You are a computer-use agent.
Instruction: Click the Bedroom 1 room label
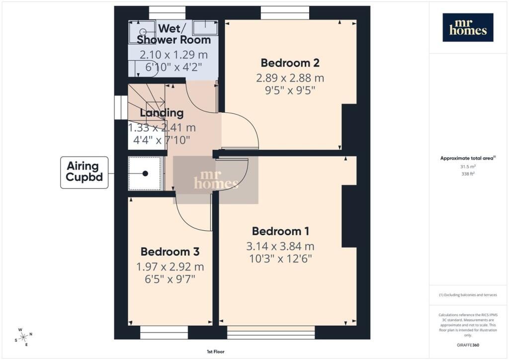pyautogui.click(x=280, y=231)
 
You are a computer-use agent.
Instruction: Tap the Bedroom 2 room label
pyautogui.click(x=290, y=63)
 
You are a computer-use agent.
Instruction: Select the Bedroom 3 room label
pyautogui.click(x=170, y=252)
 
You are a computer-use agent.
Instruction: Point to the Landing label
pyautogui.click(x=162, y=113)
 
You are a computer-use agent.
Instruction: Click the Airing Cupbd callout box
pyautogui.click(x=85, y=173)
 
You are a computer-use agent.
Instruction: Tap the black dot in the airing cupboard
pyautogui.click(x=145, y=174)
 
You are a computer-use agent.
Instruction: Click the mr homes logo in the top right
pyautogui.click(x=468, y=27)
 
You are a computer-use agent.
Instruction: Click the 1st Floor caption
pyautogui.click(x=216, y=352)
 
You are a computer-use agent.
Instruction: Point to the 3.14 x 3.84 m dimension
pyautogui.click(x=280, y=247)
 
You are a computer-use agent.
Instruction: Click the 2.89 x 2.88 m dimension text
pyautogui.click(x=290, y=78)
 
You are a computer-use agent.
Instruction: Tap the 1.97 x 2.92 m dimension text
pyautogui.click(x=170, y=267)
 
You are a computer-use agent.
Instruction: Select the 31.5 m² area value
pyautogui.click(x=468, y=167)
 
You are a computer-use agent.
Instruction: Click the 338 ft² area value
pyautogui.click(x=468, y=174)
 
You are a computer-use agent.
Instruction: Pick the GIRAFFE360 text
pyautogui.click(x=468, y=345)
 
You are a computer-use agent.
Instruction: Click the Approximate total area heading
pyautogui.click(x=468, y=159)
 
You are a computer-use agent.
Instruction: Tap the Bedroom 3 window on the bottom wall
pyautogui.click(x=164, y=333)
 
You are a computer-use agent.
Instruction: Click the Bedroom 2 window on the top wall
pyautogui.click(x=285, y=13)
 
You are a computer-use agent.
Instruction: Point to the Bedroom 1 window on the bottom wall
pyautogui.click(x=271, y=333)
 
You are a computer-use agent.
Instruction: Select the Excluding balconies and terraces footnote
pyautogui.click(x=468, y=295)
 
